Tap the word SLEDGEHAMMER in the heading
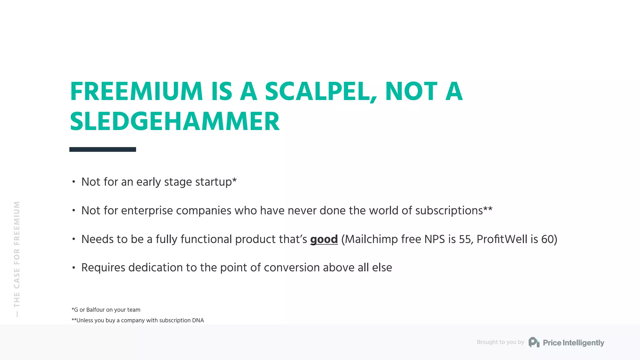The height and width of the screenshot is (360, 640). [x=175, y=122]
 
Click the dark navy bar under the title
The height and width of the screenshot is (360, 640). [x=102, y=149]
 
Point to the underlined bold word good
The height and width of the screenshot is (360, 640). [x=324, y=239]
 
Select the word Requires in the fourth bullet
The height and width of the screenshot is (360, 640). [x=103, y=268]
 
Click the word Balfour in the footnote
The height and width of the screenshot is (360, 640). [x=96, y=310]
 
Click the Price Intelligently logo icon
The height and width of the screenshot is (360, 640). [x=534, y=342]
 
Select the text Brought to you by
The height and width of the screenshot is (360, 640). [x=500, y=342]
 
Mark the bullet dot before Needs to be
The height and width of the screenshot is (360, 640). [x=74, y=239]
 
